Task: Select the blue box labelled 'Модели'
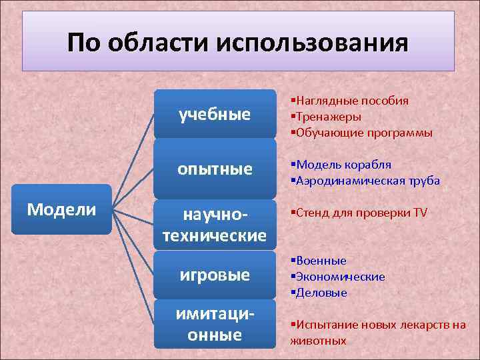tap(61, 209)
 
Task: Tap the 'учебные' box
tap(215, 115)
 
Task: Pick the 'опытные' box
tap(215, 169)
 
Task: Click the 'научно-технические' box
tap(215, 225)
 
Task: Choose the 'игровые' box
tap(215, 275)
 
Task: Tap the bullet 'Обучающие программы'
tap(364, 133)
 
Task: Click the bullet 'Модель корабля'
tap(343, 165)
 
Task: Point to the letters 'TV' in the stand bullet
tap(420, 213)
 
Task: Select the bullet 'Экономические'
tap(340, 277)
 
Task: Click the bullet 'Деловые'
tap(321, 293)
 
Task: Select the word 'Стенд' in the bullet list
tap(313, 213)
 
